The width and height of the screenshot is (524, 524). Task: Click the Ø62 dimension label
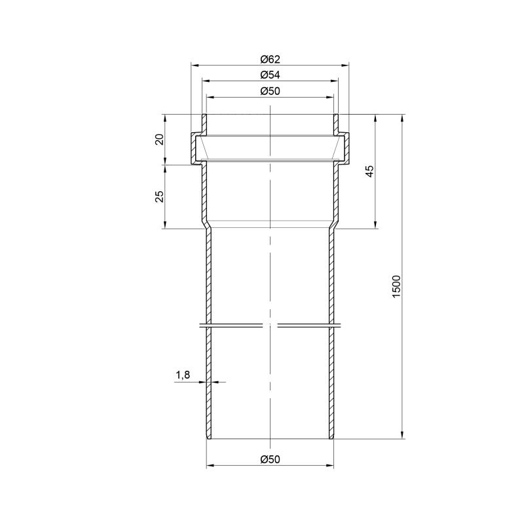point(270,60)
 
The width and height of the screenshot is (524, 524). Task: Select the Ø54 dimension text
point(270,75)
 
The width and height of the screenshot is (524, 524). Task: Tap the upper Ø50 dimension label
point(270,91)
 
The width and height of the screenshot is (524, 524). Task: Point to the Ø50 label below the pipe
point(270,460)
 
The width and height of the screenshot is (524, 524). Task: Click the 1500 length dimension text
point(396,287)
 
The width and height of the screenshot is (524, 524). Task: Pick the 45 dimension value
point(370,171)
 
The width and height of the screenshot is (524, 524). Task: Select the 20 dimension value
point(160,139)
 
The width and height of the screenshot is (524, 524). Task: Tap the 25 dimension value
point(160,196)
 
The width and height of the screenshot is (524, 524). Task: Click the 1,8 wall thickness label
point(183,375)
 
